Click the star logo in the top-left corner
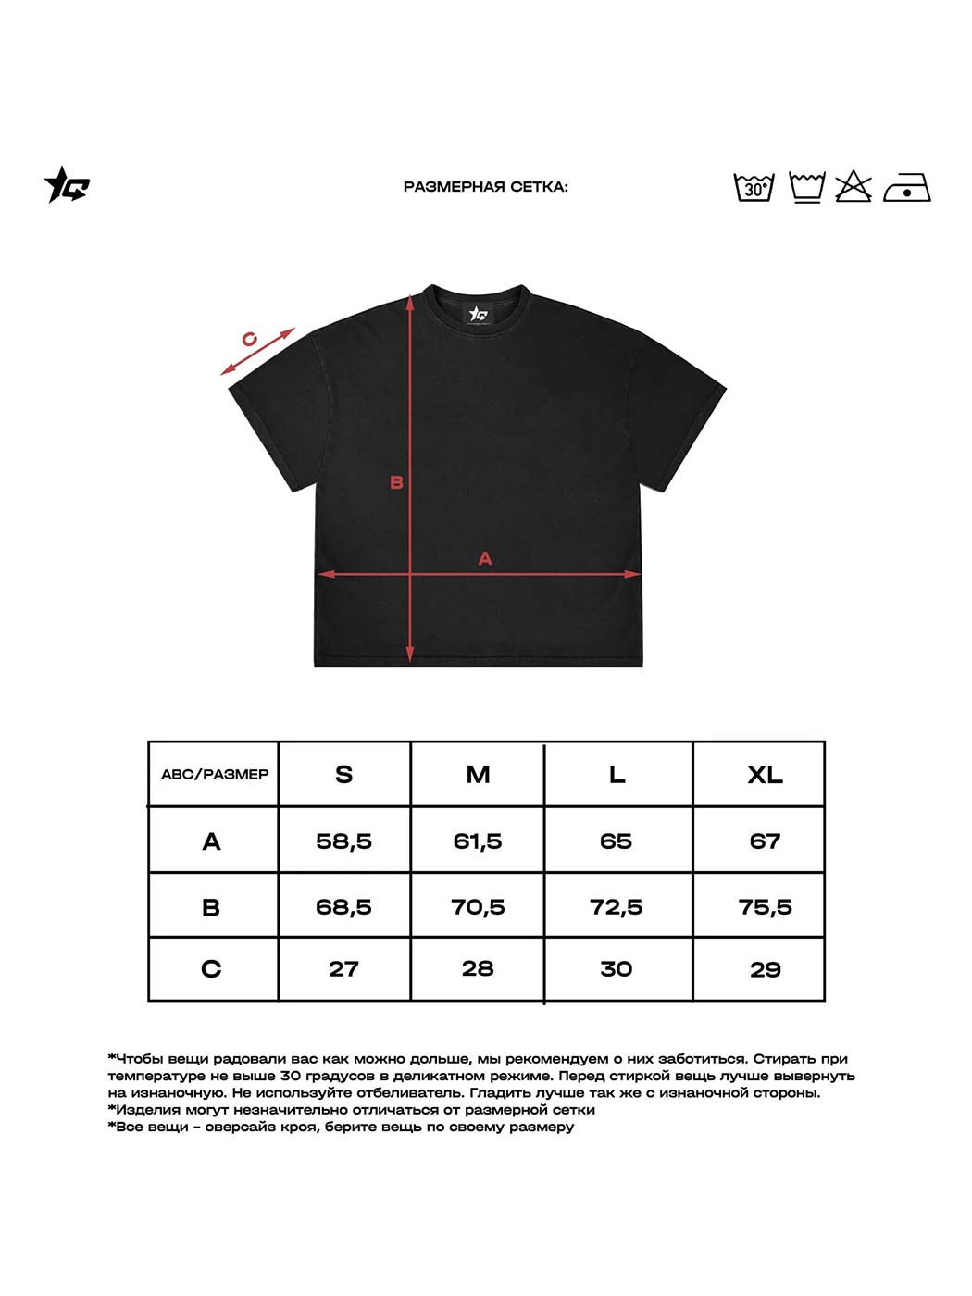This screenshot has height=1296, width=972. tap(67, 185)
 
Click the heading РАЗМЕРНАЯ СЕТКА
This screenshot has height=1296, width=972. tap(485, 187)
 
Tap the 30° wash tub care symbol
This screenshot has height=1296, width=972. tap(754, 187)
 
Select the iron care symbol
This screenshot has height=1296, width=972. tap(906, 188)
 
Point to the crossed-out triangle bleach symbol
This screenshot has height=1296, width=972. tap(854, 187)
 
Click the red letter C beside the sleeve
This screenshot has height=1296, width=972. tap(249, 339)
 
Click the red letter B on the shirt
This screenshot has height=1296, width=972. tap(396, 482)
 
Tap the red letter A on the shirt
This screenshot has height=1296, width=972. tap(484, 558)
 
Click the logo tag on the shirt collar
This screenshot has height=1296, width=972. tap(479, 314)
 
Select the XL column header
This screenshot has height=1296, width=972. tap(765, 775)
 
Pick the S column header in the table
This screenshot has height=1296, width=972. tap(343, 775)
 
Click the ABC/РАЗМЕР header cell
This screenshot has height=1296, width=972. tap(214, 775)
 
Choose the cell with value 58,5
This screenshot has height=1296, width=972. tap(343, 841)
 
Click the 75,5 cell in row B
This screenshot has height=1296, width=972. tap(765, 907)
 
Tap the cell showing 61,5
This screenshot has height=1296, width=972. tap(478, 841)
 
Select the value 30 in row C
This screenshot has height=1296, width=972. tap(616, 969)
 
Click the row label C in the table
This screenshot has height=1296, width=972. tap(211, 969)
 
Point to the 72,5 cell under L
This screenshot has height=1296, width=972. tap(616, 907)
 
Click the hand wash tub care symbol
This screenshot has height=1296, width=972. tap(806, 187)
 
